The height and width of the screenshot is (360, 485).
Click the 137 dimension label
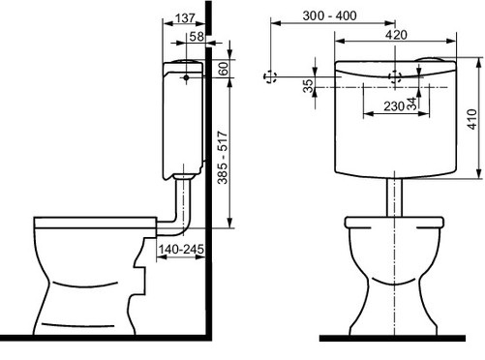point(185,18)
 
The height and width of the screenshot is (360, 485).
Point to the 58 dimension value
point(197,37)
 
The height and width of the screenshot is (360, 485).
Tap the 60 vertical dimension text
point(224,69)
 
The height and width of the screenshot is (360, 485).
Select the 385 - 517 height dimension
point(223,158)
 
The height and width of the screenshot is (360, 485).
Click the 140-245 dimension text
point(181,249)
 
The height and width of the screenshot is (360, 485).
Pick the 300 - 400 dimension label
point(330,15)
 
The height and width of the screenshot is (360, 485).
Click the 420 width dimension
point(396,35)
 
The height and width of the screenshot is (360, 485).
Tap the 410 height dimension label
point(471,119)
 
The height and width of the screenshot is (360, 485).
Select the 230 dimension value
point(394,106)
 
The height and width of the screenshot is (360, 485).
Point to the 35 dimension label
point(309,86)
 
